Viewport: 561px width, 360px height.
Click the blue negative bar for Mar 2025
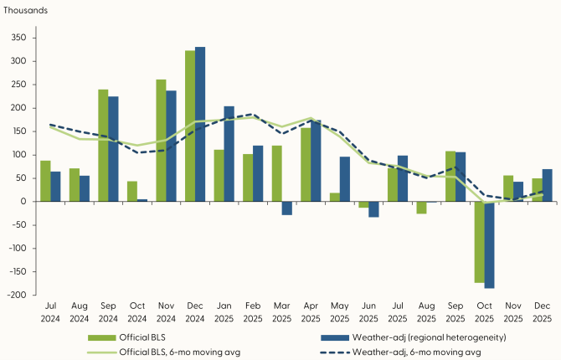(x=287, y=208)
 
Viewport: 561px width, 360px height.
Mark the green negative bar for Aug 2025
(x=422, y=208)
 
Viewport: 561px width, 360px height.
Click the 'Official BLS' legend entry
(x=134, y=337)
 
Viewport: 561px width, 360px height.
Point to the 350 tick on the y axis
(x=19, y=38)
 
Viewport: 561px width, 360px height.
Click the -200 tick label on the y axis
(x=18, y=296)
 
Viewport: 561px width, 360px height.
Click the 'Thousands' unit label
(x=25, y=11)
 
